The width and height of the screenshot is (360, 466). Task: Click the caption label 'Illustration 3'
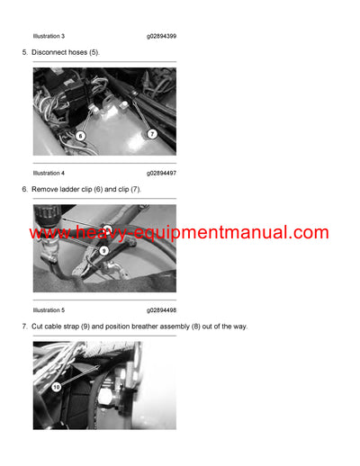click(x=49, y=36)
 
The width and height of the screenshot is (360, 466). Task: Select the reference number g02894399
click(x=161, y=36)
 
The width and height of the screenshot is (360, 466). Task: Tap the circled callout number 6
click(x=80, y=136)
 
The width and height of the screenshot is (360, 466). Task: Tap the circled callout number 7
click(x=151, y=133)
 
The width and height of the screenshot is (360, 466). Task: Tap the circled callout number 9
click(x=103, y=251)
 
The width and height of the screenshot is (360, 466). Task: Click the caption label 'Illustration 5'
click(x=49, y=309)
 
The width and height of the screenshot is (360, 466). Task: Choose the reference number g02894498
click(x=161, y=309)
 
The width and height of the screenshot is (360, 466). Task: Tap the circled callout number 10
click(x=57, y=387)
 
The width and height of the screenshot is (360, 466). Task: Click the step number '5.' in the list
click(x=24, y=52)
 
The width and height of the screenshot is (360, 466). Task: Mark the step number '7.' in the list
click(x=24, y=326)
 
